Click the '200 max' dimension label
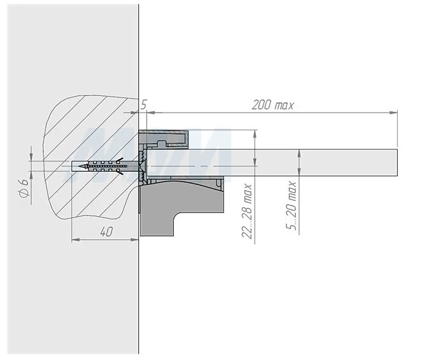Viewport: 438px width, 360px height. tap(272, 105)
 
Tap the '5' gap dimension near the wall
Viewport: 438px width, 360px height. tap(143, 105)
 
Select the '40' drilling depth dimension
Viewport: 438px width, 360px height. tap(106, 232)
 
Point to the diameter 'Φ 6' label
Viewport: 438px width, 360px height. tap(24, 188)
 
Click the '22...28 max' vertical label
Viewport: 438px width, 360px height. tap(246, 211)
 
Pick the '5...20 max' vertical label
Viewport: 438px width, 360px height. tap(291, 205)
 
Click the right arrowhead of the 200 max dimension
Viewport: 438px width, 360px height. tap(394, 113)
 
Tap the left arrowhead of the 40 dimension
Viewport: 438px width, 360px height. tap(75, 239)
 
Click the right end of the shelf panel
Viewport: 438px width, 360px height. tap(397, 163)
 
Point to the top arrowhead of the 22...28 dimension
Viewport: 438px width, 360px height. tap(255, 134)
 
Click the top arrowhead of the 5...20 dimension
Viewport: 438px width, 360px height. tap(299, 153)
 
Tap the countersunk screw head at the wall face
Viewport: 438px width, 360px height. tap(142, 167)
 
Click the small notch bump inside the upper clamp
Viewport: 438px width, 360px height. tap(162, 143)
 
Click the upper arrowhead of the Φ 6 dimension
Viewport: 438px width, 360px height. tap(31, 157)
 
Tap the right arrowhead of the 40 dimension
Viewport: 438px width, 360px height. tap(135, 239)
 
